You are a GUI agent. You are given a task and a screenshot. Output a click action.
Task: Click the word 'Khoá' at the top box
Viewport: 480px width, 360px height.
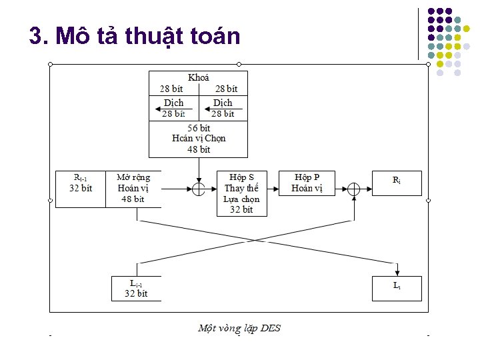point(198,77)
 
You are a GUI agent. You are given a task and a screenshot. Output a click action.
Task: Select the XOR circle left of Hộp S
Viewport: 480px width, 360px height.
point(198,189)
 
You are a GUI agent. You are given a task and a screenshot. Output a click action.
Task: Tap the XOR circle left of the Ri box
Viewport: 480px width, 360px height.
point(354,189)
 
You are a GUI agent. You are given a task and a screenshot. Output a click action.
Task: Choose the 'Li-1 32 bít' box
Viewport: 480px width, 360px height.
point(136,288)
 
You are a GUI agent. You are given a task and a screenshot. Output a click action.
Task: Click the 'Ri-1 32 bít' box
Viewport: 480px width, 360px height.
point(80,188)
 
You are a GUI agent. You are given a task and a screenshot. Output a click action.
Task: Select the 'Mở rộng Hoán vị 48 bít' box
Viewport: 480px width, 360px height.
point(133,188)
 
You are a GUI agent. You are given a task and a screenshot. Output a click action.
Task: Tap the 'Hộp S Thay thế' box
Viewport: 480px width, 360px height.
point(242,193)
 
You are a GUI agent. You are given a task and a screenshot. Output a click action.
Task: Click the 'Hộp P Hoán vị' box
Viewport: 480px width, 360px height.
point(307,183)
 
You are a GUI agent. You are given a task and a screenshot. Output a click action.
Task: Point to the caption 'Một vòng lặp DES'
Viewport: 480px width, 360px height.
point(239,328)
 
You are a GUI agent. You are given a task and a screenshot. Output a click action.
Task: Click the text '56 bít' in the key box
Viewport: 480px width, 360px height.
point(198,128)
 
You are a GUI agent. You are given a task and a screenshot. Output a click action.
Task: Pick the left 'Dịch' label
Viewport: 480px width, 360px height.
point(174,103)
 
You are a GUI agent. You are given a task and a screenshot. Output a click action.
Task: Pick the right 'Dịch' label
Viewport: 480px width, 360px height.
point(223,103)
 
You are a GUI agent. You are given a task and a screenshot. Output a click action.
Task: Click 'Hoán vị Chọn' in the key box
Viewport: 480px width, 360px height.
point(198,139)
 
